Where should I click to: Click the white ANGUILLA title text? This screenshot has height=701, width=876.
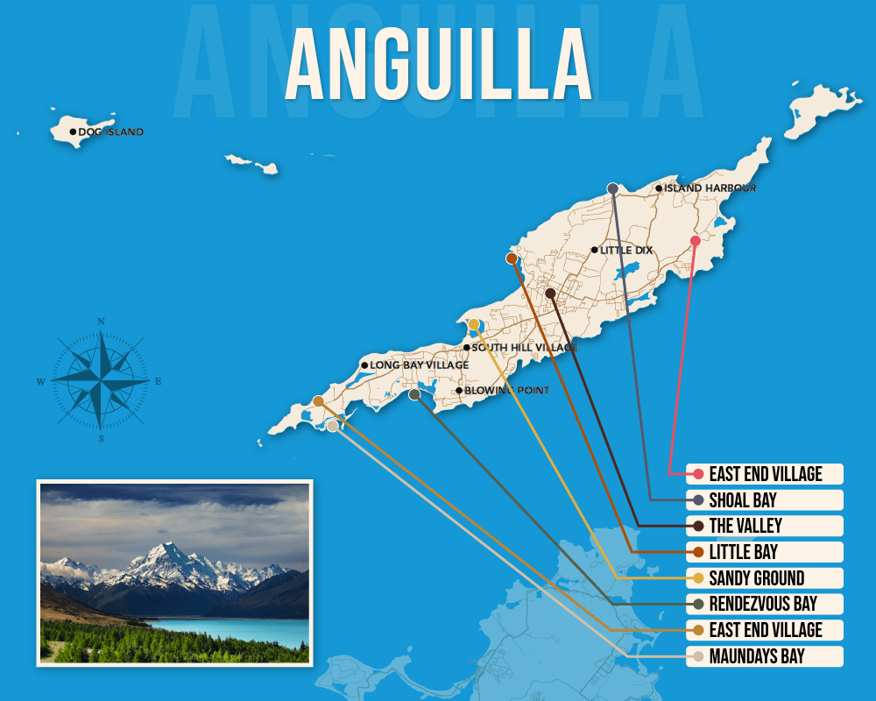(438, 67)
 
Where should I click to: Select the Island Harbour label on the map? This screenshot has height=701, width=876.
(710, 188)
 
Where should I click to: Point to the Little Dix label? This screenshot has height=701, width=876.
(626, 251)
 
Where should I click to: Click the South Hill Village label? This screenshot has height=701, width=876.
(524, 348)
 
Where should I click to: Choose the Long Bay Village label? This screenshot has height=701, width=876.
(419, 365)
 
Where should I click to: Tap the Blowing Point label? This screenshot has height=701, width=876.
(506, 391)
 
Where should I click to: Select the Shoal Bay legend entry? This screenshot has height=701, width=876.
(743, 500)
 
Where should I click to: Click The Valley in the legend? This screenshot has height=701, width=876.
(745, 527)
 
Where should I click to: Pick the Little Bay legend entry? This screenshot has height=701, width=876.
(743, 553)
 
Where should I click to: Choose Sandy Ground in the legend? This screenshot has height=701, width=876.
(757, 578)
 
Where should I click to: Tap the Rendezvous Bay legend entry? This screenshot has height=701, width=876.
(763, 605)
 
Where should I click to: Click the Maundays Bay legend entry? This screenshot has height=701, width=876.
(757, 656)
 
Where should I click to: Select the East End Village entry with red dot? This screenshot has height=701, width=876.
(766, 474)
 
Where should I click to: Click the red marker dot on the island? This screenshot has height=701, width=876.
(696, 241)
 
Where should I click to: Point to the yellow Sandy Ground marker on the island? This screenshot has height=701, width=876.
(474, 325)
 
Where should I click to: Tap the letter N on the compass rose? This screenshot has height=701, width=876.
(102, 322)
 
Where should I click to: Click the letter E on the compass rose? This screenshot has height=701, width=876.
(159, 381)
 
